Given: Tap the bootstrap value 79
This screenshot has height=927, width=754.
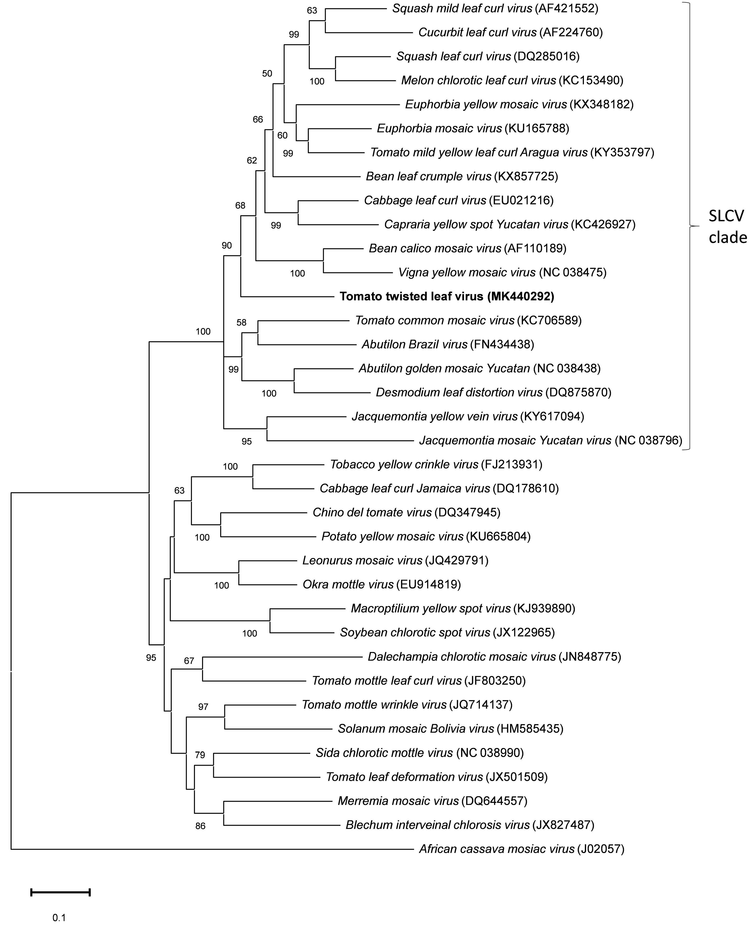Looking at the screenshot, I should click(200, 755).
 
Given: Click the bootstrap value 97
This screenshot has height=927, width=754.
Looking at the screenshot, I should click(203, 707).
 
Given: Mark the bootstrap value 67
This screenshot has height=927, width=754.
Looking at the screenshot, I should click(189, 661).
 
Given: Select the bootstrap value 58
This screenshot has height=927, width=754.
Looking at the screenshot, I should click(241, 322).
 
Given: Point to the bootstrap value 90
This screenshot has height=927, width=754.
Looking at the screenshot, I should click(227, 245).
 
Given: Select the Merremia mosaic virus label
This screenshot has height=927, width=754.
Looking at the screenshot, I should click(398, 801).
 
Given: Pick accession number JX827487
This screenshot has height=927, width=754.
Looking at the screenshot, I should click(563, 825).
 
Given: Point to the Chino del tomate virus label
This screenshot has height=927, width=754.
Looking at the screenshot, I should click(372, 512).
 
